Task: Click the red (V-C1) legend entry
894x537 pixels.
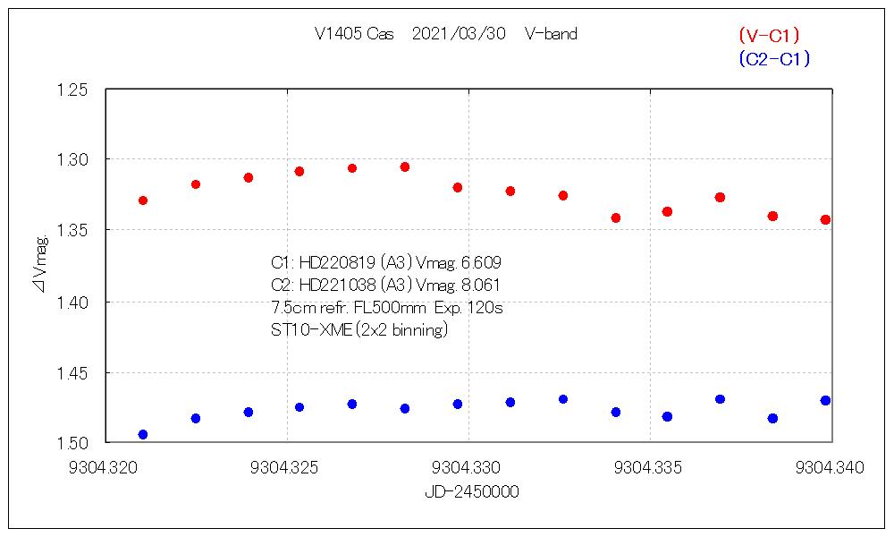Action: [x=768, y=36]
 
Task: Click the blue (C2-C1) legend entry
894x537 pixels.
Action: [x=774, y=59]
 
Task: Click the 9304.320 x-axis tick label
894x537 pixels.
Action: [x=105, y=468]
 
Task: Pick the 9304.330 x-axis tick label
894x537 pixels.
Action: [x=468, y=468]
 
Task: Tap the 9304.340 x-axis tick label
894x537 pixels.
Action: [x=831, y=468]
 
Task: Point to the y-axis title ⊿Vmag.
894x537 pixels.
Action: [x=41, y=263]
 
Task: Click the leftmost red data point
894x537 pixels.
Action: [x=143, y=200]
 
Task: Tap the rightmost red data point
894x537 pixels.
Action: [x=825, y=219]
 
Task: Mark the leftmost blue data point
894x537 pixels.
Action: [x=143, y=435]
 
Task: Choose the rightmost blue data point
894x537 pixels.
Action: [x=825, y=400]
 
